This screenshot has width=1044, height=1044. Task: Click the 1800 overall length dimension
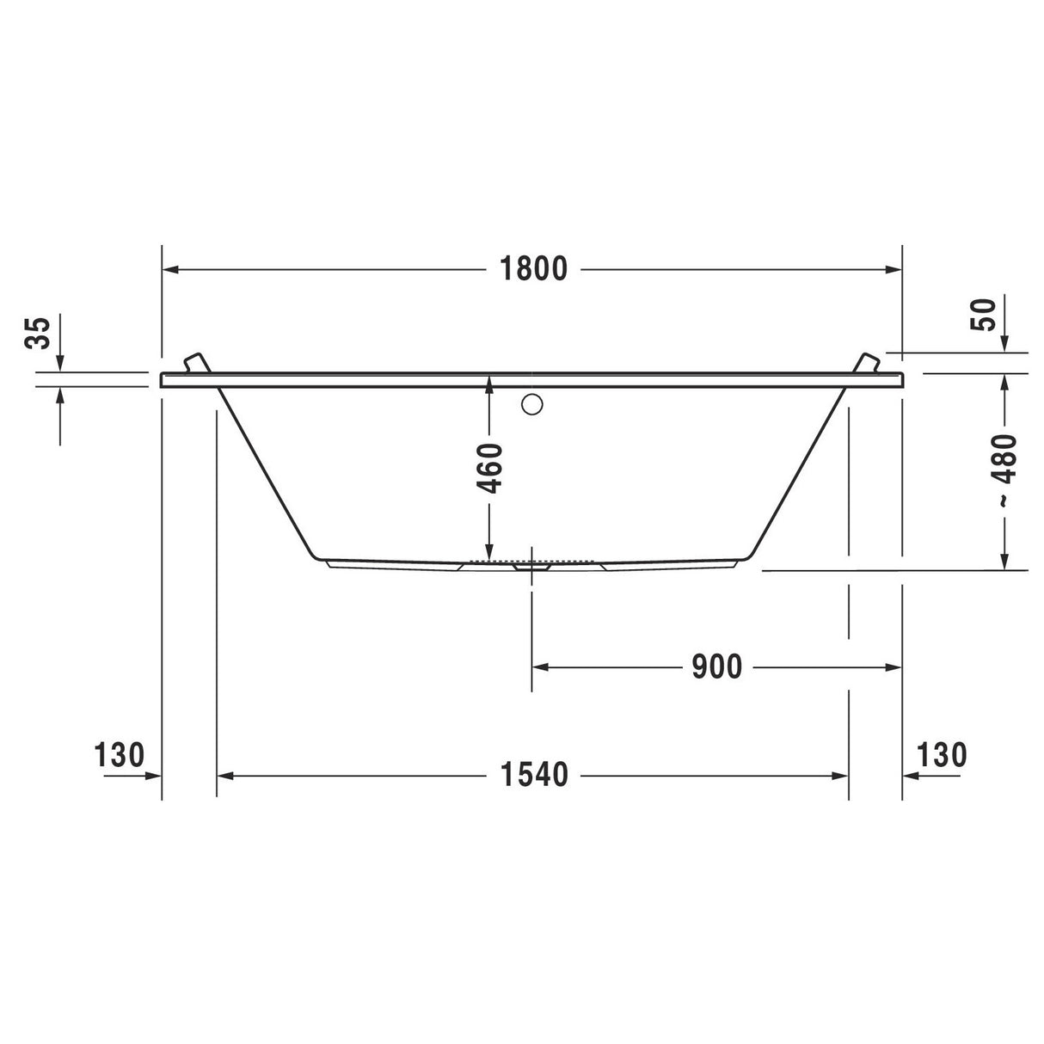[534, 269]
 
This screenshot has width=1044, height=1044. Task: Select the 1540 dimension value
[534, 775]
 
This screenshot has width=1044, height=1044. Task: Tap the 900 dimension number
[716, 666]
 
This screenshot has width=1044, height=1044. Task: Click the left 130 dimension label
[119, 755]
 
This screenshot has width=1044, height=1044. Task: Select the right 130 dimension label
[943, 755]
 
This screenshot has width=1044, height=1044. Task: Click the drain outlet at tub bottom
[531, 567]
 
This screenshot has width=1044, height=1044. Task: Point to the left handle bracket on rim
[196, 362]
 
